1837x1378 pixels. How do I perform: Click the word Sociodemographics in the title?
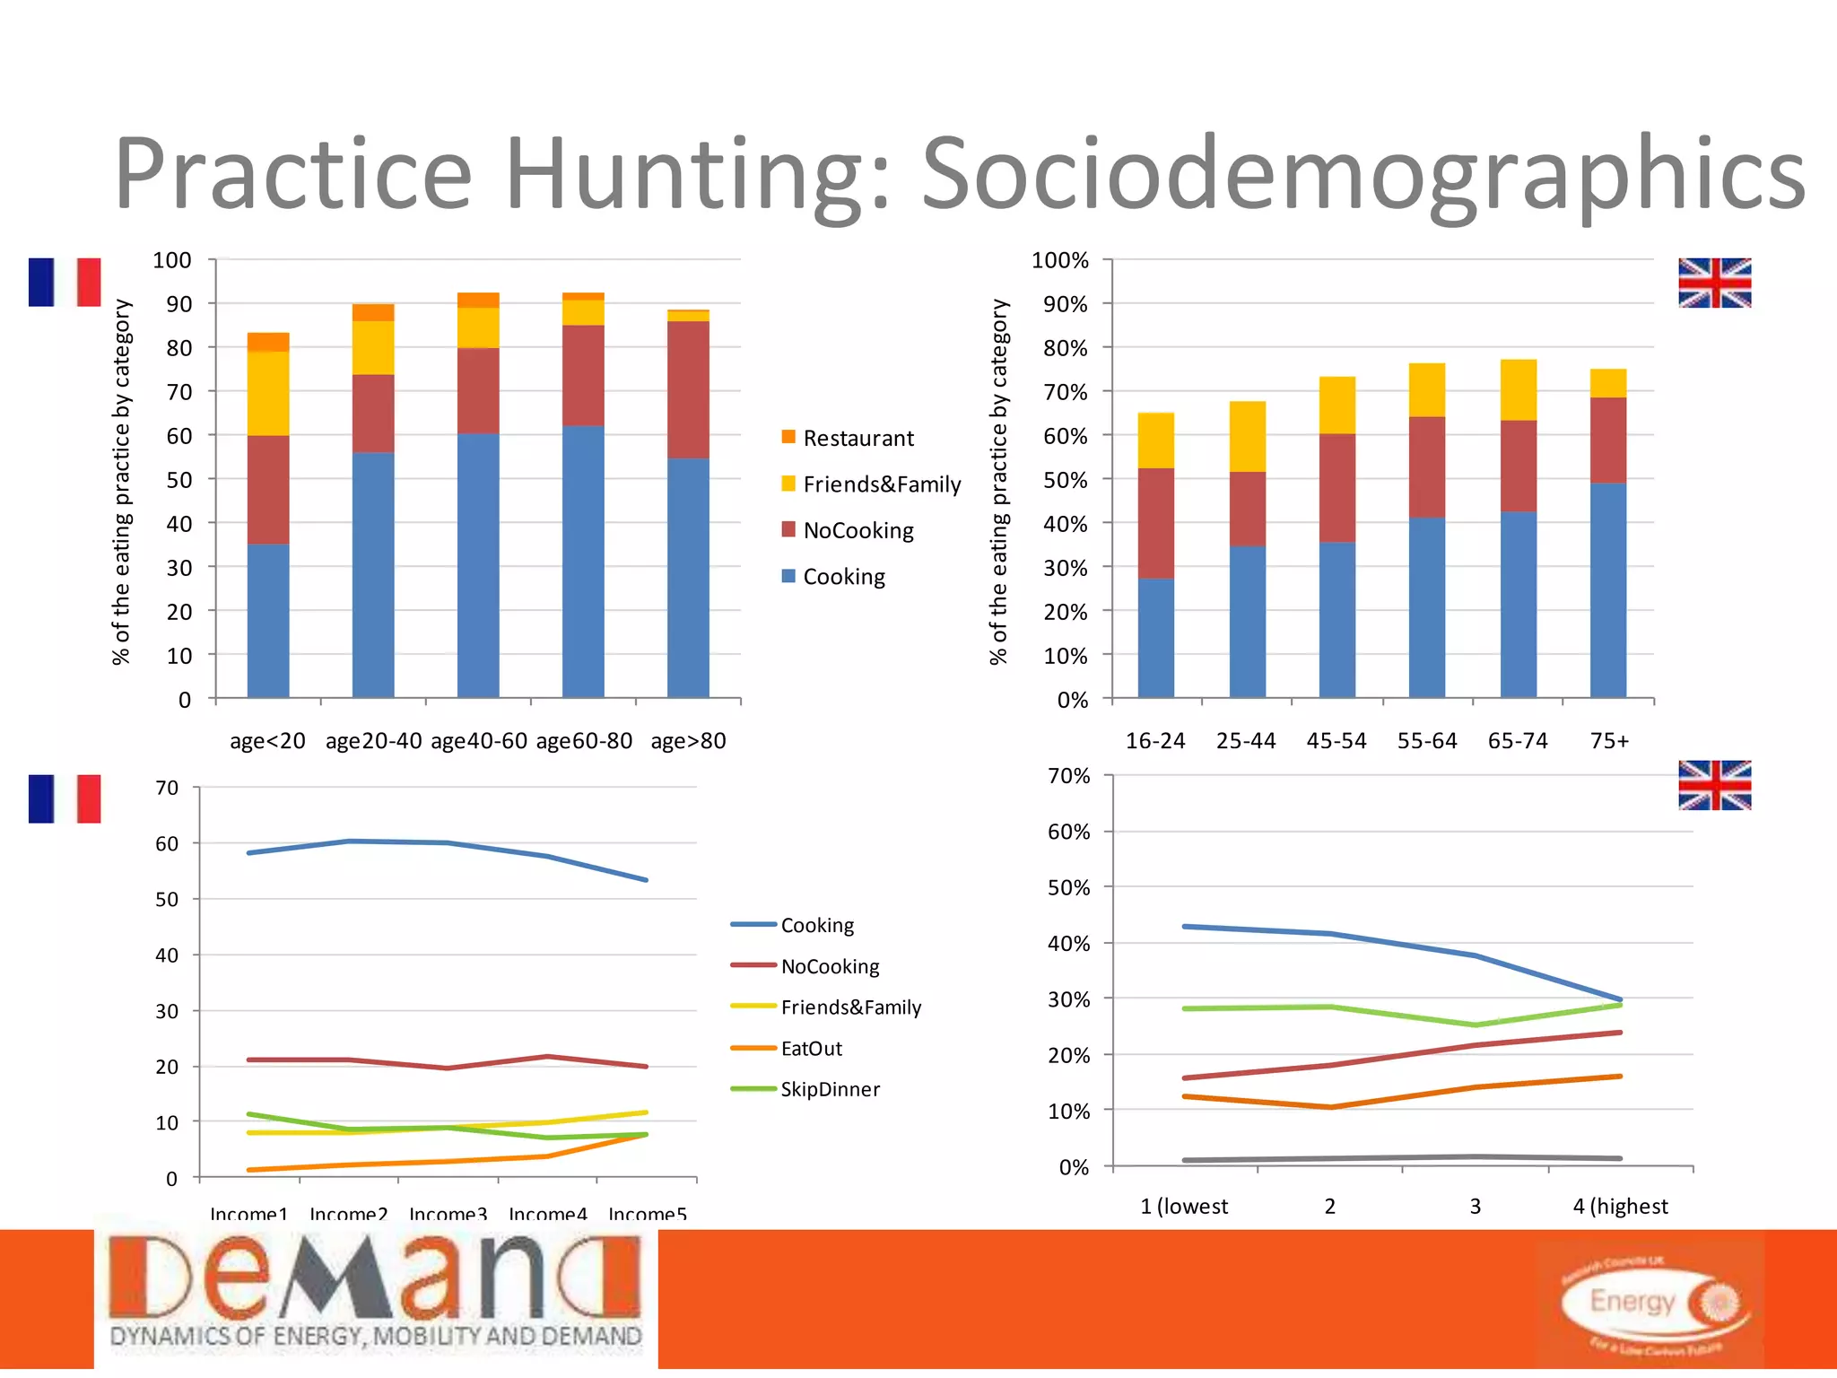[1363, 175]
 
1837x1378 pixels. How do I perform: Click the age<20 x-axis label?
[267, 741]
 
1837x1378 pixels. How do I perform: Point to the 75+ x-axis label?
[1609, 741]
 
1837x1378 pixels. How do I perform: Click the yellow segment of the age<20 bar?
[268, 393]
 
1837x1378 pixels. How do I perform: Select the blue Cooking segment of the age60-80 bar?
[583, 561]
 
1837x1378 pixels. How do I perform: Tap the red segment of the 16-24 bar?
[1155, 523]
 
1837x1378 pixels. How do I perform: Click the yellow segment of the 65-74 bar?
[1519, 390]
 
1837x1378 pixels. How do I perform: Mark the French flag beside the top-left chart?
[65, 283]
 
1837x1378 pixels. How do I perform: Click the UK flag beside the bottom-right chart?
[1714, 785]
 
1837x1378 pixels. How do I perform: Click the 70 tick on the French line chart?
[167, 788]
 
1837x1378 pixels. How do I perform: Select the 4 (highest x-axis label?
[1620, 1206]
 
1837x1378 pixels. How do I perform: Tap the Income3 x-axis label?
[448, 1214]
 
